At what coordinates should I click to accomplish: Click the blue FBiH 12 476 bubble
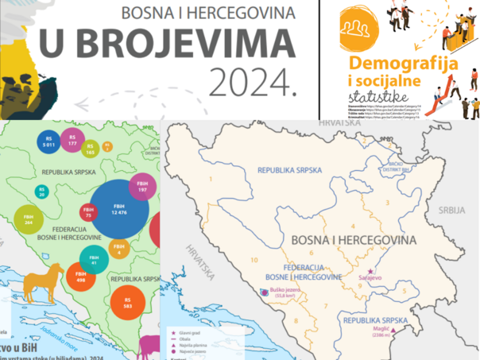[120, 209]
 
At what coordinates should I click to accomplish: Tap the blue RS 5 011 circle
[49, 142]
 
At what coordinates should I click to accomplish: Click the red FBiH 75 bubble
[87, 212]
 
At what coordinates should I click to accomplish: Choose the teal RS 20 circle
[41, 192]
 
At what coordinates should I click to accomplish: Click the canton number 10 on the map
[254, 260]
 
